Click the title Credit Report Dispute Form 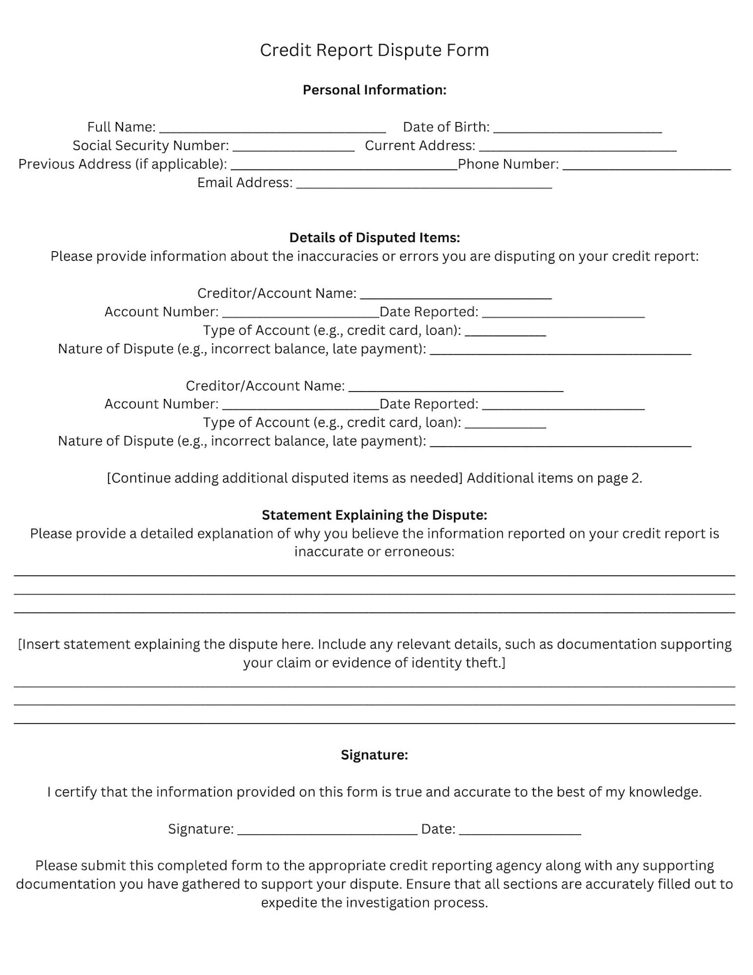point(374,50)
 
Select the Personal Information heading point(374,90)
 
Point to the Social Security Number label point(151,146)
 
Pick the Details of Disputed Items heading point(374,238)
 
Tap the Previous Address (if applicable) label point(123,165)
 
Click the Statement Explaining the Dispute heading point(374,515)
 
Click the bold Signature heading point(374,755)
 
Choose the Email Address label point(245,183)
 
